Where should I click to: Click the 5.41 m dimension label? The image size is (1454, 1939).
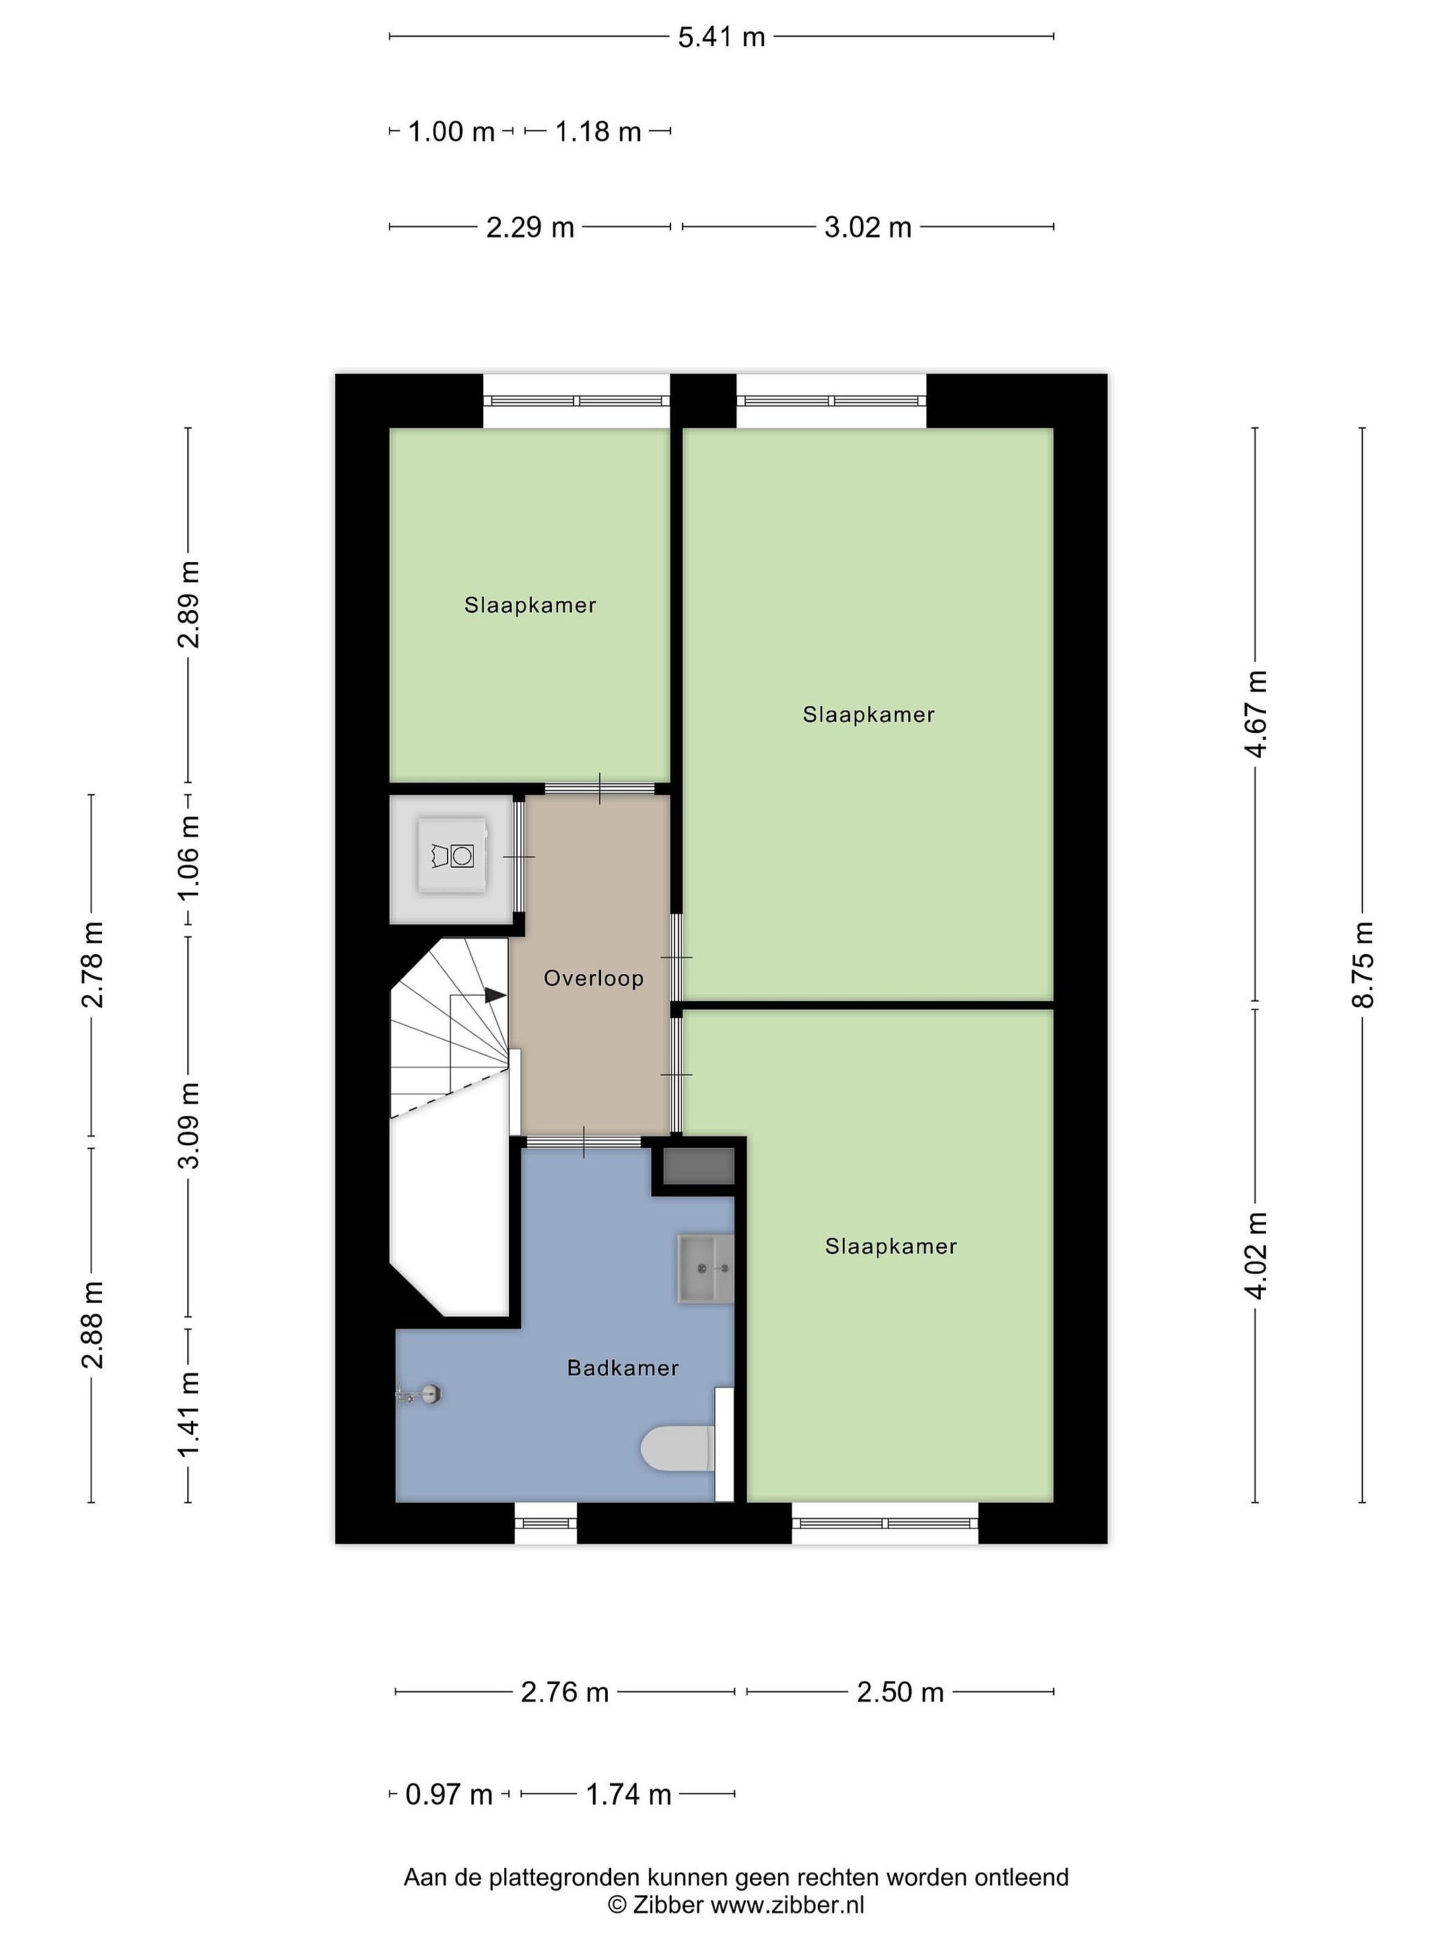coord(722,37)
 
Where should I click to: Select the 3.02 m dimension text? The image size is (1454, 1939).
coord(868,227)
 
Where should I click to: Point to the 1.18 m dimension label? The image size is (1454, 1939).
coord(598,131)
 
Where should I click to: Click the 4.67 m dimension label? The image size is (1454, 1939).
coord(1256,714)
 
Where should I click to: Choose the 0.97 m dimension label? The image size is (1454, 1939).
coord(449,1794)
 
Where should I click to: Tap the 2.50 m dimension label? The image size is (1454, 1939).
coord(900,1692)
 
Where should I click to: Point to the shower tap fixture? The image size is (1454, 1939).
coord(420,1394)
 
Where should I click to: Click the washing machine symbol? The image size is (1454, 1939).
coord(452,856)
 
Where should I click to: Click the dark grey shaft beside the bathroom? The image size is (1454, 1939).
coord(699,1167)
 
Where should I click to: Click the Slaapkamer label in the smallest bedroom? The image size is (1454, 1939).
coord(530,605)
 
